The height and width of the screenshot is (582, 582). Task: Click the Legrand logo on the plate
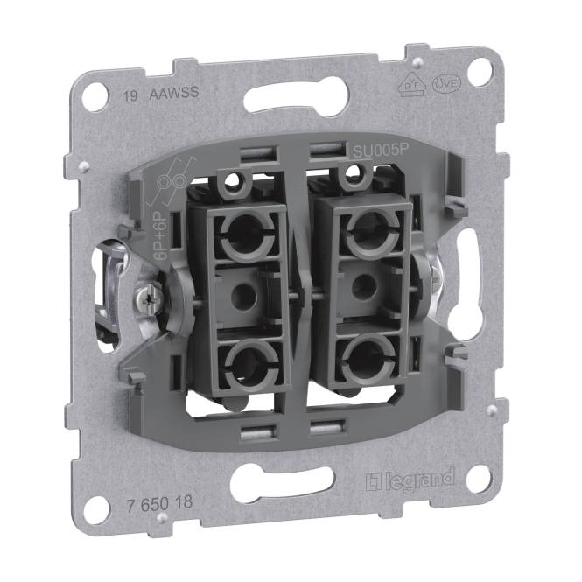(x=410, y=478)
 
